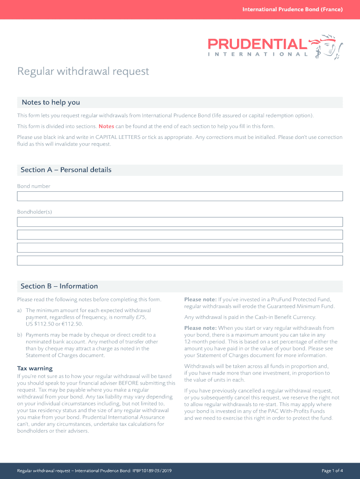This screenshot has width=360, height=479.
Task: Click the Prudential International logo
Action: click(275, 46)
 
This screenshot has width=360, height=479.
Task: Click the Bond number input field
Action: click(180, 196)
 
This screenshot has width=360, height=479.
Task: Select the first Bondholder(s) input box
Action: click(180, 222)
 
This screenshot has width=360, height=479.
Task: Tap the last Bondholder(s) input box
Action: click(180, 261)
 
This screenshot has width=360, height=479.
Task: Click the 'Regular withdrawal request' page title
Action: click(83, 71)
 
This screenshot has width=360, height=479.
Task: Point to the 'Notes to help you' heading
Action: click(50, 102)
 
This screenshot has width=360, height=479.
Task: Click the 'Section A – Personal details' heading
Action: click(66, 170)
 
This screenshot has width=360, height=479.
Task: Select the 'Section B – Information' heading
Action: click(59, 286)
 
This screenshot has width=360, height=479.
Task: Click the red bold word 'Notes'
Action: click(106, 126)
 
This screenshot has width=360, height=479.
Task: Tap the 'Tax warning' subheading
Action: click(35, 369)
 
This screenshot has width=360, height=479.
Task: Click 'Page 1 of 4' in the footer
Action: click(332, 471)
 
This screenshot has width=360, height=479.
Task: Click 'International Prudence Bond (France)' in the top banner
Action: click(292, 9)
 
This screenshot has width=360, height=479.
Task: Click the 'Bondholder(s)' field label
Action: click(35, 212)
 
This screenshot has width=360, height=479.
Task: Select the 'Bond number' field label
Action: click(34, 186)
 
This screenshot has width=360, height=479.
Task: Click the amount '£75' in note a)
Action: click(140, 317)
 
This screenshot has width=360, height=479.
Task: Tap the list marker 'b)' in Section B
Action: click(20, 335)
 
